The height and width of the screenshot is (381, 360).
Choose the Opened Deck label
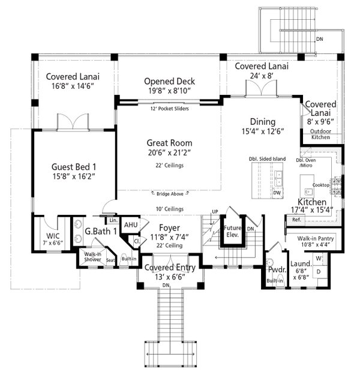click(x=170, y=82)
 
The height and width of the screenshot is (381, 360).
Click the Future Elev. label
click(x=233, y=232)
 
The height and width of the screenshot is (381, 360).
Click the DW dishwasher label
click(x=277, y=193)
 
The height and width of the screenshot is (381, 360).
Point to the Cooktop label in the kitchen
click(x=321, y=185)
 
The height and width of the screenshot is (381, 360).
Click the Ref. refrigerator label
click(x=296, y=220)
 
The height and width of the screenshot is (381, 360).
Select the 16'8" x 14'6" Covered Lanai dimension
click(x=73, y=86)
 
